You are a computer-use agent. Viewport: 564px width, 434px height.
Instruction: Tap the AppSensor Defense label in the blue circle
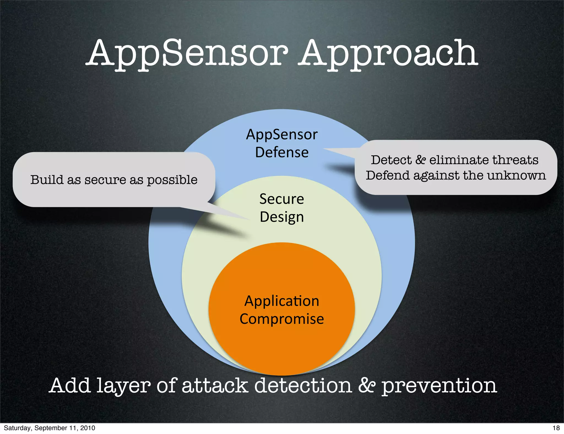[282, 143]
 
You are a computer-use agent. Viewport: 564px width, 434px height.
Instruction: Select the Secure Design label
[282, 208]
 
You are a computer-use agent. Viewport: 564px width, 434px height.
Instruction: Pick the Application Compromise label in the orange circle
[282, 310]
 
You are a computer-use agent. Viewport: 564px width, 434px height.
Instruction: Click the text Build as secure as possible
[114, 180]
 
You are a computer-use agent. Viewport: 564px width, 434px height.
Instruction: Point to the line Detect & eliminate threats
[454, 160]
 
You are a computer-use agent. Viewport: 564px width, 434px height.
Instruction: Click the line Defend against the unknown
[456, 175]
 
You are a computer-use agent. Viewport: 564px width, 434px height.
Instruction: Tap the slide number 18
[556, 428]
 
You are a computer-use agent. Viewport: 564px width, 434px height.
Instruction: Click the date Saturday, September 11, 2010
[50, 428]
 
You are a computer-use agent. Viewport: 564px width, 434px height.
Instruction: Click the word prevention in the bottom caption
[439, 386]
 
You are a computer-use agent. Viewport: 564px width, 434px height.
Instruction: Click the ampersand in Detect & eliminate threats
[421, 160]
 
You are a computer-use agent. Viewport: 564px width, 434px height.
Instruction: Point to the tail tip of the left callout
[249, 219]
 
